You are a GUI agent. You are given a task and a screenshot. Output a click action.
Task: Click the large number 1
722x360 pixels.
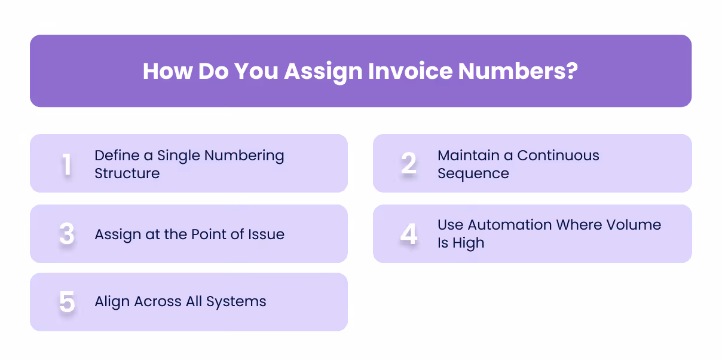click(67, 164)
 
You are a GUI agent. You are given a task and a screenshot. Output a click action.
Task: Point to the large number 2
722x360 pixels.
click(409, 164)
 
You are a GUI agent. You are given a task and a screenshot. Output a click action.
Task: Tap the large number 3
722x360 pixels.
click(67, 234)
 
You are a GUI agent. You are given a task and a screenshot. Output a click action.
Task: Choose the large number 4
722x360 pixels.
click(409, 234)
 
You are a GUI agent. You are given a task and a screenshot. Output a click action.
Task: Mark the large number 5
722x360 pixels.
click(67, 302)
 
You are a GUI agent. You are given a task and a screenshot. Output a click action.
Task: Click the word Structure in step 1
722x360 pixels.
click(127, 173)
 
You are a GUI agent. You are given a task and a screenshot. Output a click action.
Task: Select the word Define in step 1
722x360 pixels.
click(117, 155)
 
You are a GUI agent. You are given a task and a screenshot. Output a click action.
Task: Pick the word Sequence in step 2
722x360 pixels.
click(473, 173)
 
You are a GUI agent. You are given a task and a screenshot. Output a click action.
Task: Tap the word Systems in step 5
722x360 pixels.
click(236, 301)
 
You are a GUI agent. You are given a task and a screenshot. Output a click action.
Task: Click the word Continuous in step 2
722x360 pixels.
click(558, 155)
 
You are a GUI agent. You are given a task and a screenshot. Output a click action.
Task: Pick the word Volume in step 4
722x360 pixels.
click(638, 225)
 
